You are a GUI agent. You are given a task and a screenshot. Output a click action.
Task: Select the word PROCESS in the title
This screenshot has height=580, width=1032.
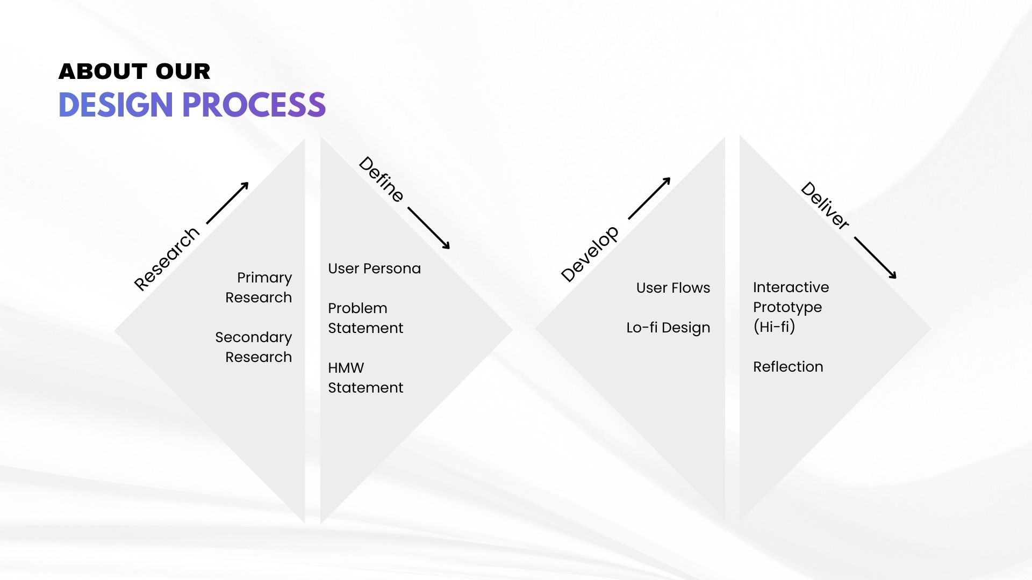tap(254, 105)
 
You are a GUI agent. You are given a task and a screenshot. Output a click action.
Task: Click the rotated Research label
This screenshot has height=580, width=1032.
tap(167, 259)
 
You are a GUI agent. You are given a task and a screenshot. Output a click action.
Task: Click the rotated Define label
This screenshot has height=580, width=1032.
tap(381, 179)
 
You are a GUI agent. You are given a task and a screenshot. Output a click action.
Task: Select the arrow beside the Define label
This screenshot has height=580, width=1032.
tap(428, 228)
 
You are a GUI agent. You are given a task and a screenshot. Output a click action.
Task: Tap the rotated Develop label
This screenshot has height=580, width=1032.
tap(590, 254)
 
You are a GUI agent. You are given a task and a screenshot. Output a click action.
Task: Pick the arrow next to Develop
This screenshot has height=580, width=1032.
tap(649, 198)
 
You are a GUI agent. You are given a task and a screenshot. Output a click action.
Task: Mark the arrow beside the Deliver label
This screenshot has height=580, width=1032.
tap(875, 258)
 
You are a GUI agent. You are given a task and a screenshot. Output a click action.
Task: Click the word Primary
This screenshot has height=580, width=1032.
tap(264, 278)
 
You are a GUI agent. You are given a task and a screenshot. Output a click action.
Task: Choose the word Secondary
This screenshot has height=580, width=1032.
tap(254, 337)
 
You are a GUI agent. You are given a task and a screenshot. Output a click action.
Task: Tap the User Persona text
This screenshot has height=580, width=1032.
tap(374, 269)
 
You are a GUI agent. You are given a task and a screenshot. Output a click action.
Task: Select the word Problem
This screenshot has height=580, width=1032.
tap(357, 308)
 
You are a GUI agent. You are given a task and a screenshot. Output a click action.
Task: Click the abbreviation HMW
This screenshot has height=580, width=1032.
tap(346, 368)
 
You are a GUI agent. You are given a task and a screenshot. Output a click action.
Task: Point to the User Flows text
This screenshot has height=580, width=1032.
tap(673, 288)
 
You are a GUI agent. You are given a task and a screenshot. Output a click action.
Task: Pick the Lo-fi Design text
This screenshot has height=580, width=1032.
tap(668, 328)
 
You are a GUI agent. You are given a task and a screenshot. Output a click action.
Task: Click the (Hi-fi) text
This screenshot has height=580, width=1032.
tap(774, 327)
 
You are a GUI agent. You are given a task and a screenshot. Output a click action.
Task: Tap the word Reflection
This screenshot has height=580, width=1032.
tap(788, 367)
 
